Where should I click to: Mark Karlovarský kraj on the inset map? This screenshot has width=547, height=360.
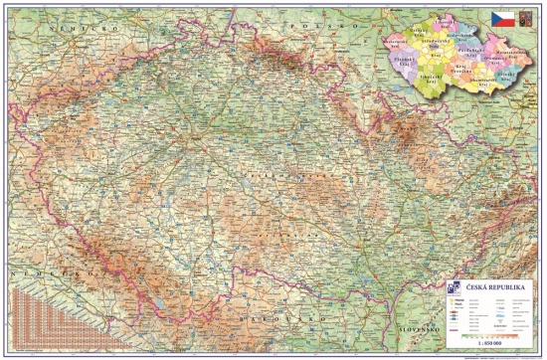pos(393,39)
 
